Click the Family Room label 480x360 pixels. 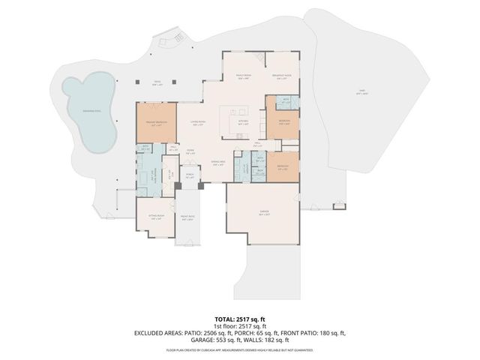(244, 76)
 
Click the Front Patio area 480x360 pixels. (187, 220)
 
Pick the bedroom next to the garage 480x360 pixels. (283, 168)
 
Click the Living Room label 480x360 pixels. (197, 123)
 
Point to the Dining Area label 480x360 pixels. (218, 163)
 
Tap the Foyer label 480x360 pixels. (191, 151)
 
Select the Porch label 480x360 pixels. (189, 176)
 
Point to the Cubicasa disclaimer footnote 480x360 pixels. (239, 349)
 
